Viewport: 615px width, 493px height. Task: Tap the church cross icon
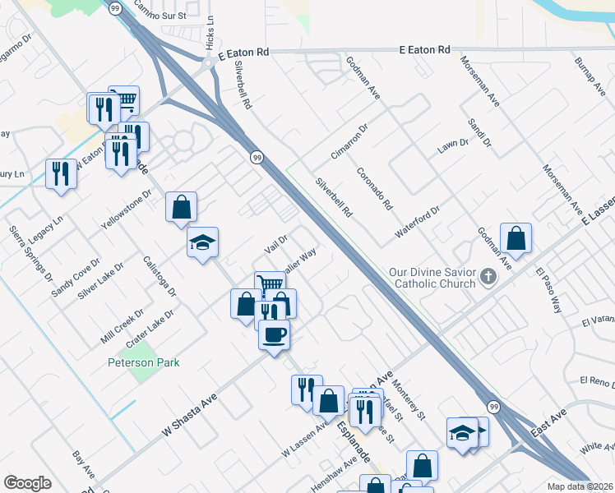488,277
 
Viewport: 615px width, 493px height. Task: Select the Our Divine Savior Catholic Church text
433,278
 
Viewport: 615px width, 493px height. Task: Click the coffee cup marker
274,334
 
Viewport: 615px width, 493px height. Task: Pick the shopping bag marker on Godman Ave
516,238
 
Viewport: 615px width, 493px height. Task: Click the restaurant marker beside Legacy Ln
61,173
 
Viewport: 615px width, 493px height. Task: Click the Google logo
27,482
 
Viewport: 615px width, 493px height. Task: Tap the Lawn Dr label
452,144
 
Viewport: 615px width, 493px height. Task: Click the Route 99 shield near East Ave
492,407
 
